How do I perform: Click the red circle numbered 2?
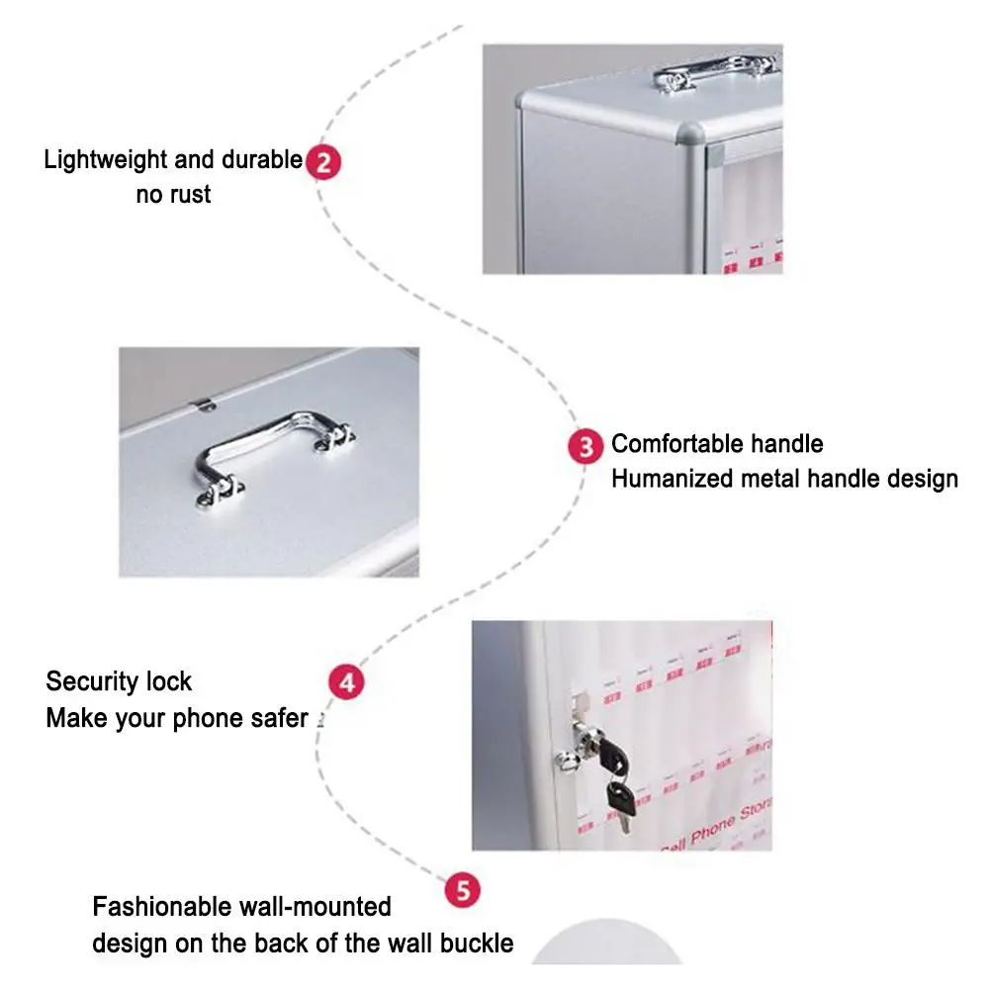click(322, 162)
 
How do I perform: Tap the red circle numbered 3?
click(585, 447)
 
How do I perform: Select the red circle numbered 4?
click(345, 682)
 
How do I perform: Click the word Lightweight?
click(107, 160)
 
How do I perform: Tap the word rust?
click(190, 195)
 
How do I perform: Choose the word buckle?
click(478, 944)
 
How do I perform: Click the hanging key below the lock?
click(620, 798)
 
